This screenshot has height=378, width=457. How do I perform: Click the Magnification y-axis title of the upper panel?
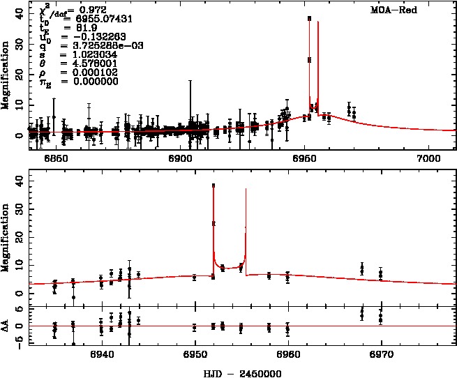[6, 75]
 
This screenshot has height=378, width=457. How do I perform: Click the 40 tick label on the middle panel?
[19, 179]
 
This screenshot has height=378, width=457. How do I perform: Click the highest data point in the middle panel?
[213, 186]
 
